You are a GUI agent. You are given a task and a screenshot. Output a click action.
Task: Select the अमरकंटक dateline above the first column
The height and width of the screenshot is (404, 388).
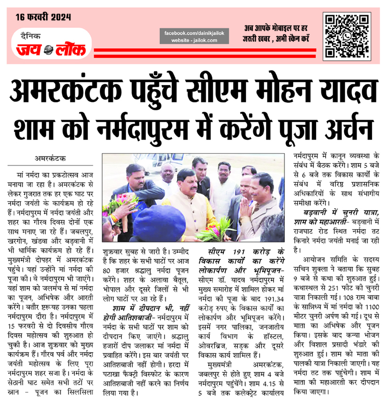pos(51,159)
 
